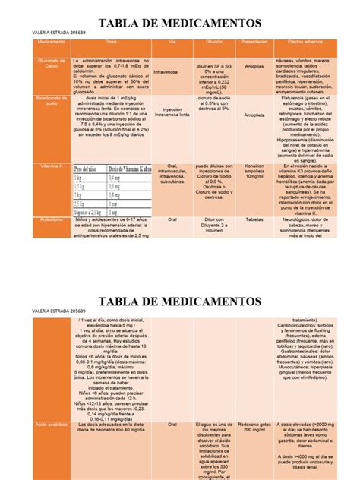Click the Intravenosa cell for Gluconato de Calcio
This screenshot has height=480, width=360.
click(166, 73)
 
